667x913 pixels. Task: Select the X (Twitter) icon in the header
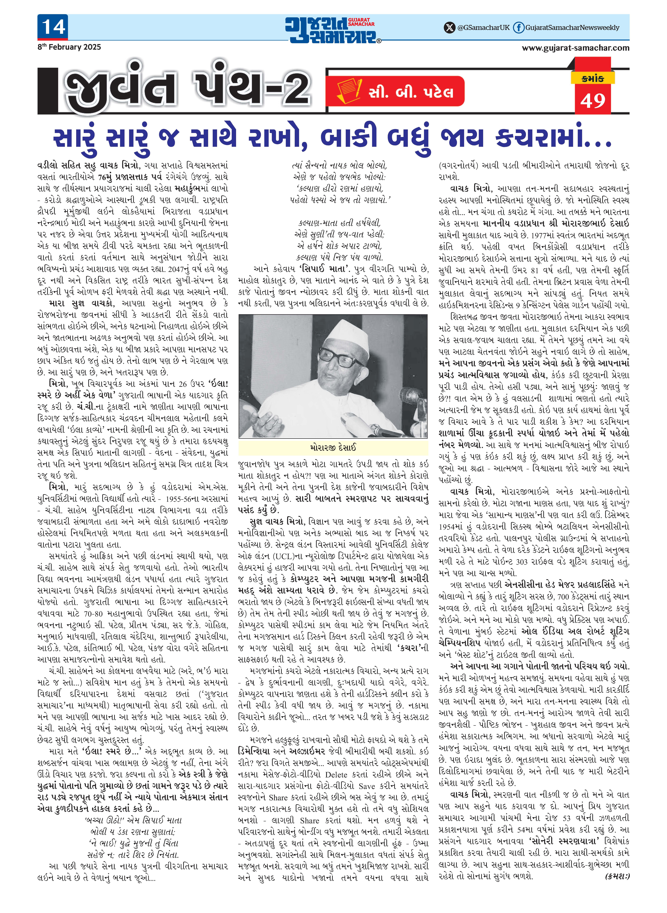tap(449, 27)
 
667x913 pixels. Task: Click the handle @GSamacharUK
tap(483, 27)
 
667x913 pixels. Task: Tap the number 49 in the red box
tap(593, 101)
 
